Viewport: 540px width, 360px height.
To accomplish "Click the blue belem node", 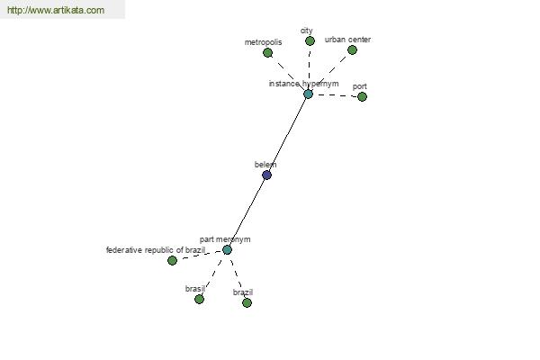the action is click(267, 175).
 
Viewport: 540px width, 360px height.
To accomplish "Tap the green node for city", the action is click(310, 41).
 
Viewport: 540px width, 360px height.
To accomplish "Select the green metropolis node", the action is click(267, 53).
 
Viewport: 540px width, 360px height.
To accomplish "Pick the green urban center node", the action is click(352, 50).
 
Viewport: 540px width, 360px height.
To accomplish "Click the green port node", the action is click(362, 97).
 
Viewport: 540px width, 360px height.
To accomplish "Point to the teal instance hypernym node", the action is click(308, 94).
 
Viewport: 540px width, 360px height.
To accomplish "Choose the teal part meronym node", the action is click(227, 250).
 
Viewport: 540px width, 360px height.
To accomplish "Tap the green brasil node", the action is click(199, 299).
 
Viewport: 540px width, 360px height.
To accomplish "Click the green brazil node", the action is click(247, 302).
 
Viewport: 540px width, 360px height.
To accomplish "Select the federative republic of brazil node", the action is click(172, 260).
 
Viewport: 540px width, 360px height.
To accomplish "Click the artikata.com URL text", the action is click(56, 10).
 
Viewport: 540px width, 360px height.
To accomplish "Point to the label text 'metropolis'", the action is click(263, 42).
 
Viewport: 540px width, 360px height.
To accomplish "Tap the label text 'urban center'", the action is click(347, 40).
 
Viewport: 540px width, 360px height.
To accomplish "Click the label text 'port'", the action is click(359, 86).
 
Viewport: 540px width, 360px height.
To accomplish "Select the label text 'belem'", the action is click(265, 165).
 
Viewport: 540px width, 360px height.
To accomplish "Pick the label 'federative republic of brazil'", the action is click(156, 250).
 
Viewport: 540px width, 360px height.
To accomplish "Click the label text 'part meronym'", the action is click(225, 239).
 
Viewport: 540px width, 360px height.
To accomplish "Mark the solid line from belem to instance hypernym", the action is click(288, 134).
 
